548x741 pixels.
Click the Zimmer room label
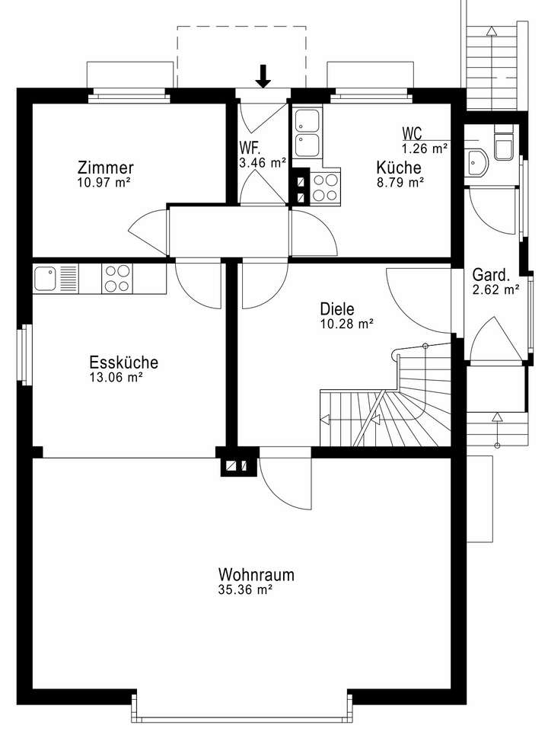pyautogui.click(x=106, y=168)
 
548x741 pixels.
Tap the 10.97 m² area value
pyautogui.click(x=106, y=182)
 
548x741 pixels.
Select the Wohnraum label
pyautogui.click(x=256, y=574)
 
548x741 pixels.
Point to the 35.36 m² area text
pyautogui.click(x=245, y=589)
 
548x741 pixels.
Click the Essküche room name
pyautogui.click(x=123, y=363)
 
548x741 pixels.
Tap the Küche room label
pyautogui.click(x=399, y=168)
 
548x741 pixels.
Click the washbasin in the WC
pyautogui.click(x=478, y=161)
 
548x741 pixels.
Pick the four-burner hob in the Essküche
pyautogui.click(x=118, y=278)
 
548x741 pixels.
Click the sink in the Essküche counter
pyautogui.click(x=46, y=278)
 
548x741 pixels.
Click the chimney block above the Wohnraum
pyautogui.click(x=235, y=465)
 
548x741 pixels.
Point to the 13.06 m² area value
pyautogui.click(x=116, y=377)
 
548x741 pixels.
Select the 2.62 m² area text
pyautogui.click(x=495, y=289)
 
